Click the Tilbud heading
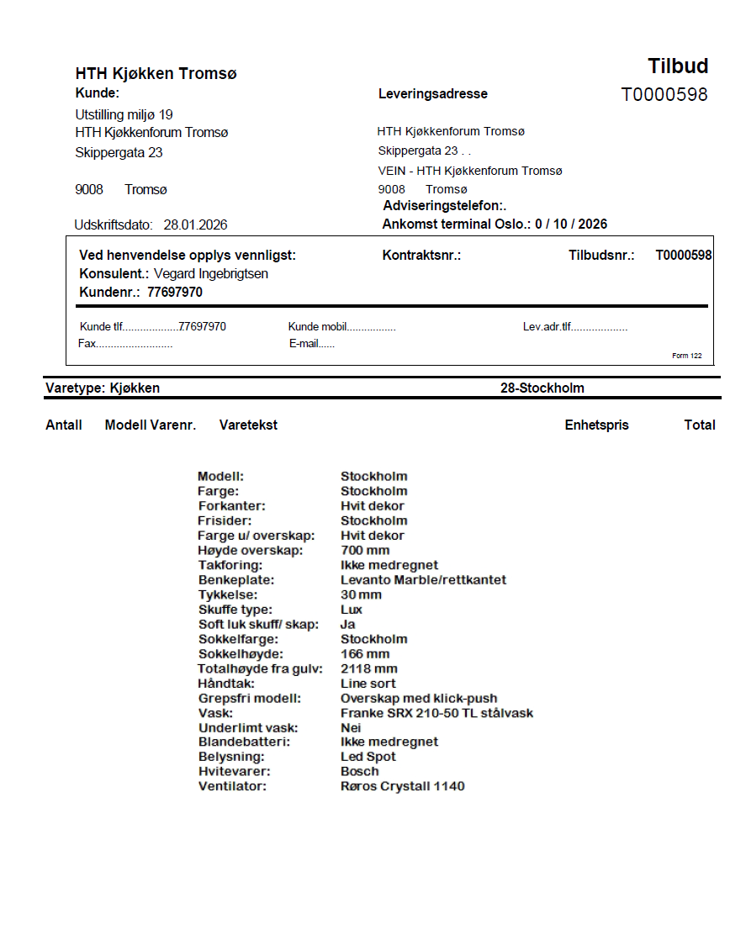coord(678,66)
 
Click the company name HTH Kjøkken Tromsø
coord(156,74)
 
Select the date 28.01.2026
coord(195,225)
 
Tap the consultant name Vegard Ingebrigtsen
coord(211,274)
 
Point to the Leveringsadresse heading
coord(433,94)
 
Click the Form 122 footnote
coord(687,356)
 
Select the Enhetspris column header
coord(596,425)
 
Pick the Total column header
coord(700,425)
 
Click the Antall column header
coord(64,425)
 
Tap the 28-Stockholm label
coord(542,388)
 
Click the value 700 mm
coord(365,551)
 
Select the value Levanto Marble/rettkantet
coord(423,580)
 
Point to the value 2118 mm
coord(368,669)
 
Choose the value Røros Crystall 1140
coord(402,787)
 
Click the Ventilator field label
coord(232,787)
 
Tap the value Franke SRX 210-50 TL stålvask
coord(436,714)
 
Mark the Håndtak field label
coord(228,684)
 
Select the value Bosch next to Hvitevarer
coord(359,772)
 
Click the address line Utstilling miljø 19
coord(124,114)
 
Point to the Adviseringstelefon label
coord(444,206)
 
